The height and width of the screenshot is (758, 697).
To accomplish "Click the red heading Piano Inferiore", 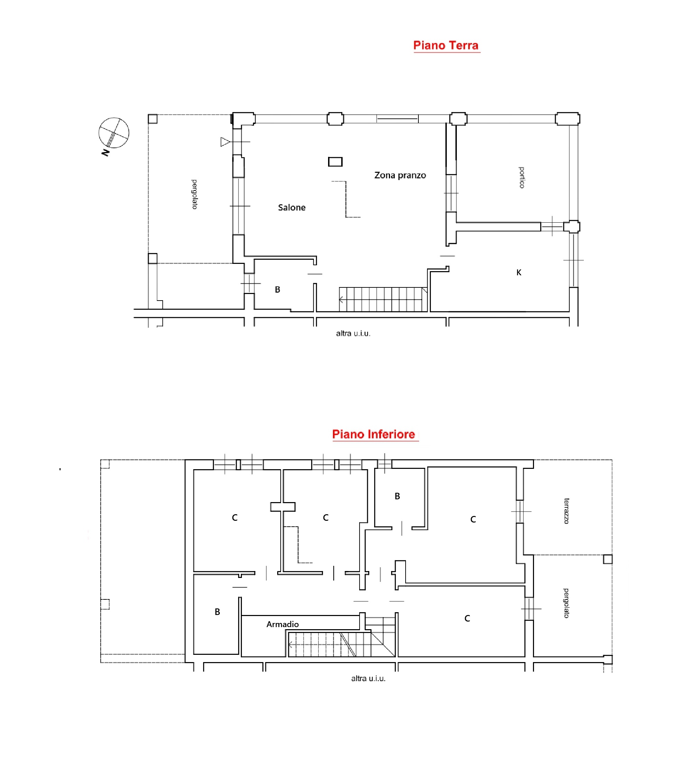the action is click(373, 434).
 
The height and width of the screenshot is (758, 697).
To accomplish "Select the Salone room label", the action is click(291, 207).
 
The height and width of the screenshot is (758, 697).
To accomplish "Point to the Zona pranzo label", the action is click(400, 176).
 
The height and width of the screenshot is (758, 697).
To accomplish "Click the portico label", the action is click(522, 177).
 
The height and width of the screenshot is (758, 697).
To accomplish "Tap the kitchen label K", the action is click(519, 273).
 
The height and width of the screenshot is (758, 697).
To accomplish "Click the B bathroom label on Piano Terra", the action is click(277, 289).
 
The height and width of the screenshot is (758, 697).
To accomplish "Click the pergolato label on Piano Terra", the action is click(194, 194).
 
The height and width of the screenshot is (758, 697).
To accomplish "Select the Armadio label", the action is click(282, 624).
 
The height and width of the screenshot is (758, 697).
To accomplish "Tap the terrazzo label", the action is click(566, 511).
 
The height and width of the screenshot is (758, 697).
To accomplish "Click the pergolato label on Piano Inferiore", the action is click(566, 603).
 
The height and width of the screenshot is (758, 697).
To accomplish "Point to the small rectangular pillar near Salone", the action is click(335, 162).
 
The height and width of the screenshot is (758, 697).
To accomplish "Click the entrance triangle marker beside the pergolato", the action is click(225, 142).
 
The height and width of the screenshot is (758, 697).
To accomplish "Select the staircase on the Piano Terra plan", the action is click(383, 299).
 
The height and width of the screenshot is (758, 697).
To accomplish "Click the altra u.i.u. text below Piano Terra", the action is click(353, 333).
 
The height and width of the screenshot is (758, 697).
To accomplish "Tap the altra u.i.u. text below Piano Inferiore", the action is click(368, 678).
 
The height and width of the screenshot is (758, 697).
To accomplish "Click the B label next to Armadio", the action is click(217, 612).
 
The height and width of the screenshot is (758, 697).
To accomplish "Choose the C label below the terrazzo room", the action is click(467, 618).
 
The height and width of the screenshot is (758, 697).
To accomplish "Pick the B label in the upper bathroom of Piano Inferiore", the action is click(397, 496).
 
